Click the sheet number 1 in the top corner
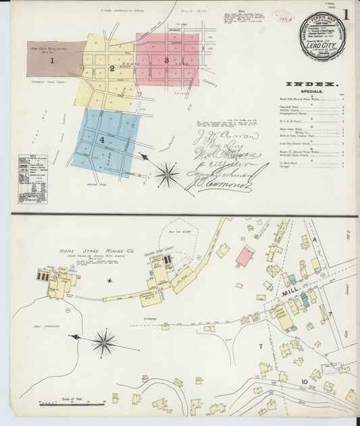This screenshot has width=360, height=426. click(345, 14)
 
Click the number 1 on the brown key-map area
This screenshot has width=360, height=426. click(51, 60)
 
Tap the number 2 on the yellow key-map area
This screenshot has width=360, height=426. click(111, 68)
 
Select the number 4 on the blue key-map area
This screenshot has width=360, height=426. click(103, 140)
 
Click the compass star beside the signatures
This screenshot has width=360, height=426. click(166, 174)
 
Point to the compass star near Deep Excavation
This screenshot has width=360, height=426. click(104, 343)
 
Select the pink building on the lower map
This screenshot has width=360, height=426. click(245, 256)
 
